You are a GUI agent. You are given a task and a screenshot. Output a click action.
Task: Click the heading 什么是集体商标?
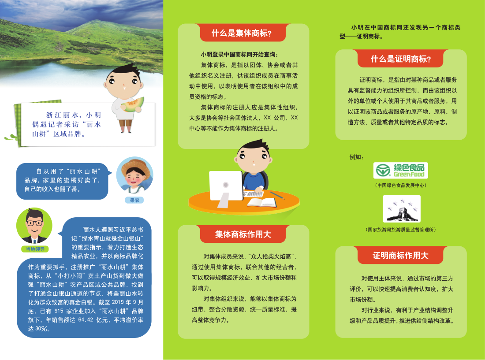242,33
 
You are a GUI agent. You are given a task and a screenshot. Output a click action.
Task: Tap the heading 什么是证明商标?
401,59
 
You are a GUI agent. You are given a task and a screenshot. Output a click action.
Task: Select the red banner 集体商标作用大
243,234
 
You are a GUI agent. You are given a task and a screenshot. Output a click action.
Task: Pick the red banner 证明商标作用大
400,256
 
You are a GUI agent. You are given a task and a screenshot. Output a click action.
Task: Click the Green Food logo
400,170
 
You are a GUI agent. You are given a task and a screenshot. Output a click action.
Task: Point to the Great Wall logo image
402,209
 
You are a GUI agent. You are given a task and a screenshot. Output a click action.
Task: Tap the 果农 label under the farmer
134,200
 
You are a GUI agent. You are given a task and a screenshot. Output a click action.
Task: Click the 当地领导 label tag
35,249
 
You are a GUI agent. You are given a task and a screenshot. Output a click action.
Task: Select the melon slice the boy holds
133,105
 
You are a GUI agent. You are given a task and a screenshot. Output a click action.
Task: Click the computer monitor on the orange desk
226,189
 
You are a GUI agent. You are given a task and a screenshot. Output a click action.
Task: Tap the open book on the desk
261,203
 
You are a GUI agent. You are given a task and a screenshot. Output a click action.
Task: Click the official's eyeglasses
34,223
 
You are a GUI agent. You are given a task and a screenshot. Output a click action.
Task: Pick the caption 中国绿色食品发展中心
400,186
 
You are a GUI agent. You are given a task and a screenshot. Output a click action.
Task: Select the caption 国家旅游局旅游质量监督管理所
400,230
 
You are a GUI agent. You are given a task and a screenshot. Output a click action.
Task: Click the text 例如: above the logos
356,157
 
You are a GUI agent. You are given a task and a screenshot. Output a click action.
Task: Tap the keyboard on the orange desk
254,194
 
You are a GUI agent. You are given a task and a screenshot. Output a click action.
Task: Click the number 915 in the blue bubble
59,311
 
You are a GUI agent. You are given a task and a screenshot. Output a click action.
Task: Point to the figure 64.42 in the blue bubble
86,320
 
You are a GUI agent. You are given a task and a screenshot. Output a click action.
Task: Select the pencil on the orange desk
277,195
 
